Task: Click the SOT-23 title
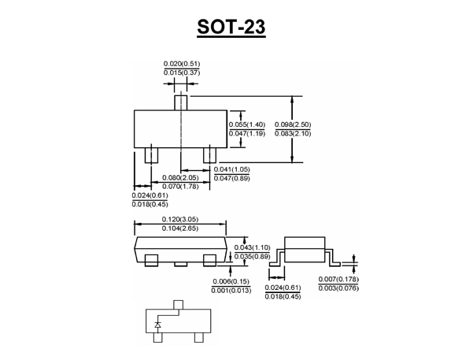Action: pos(231,27)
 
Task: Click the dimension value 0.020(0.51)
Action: pos(182,64)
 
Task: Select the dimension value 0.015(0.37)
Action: pos(182,72)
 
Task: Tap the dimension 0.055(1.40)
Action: pos(247,124)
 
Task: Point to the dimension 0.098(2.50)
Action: pos(293,124)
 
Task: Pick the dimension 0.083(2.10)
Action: pos(293,134)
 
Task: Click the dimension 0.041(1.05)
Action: pos(232,169)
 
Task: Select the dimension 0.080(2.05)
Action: pos(180,177)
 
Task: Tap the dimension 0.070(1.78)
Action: pos(180,187)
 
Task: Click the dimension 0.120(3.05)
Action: pos(180,219)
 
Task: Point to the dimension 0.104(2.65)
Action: pos(180,228)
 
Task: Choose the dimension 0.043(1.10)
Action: pos(252,247)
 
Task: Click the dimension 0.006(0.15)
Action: pos(231,281)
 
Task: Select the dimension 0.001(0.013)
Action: pos(231,291)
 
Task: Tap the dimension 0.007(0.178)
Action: pos(338,279)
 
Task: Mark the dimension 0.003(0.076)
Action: pos(338,288)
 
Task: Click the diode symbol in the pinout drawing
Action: pos(157,325)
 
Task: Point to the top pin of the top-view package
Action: pos(181,103)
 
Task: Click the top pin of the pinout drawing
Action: pos(179,305)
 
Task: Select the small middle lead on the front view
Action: pos(181,264)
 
